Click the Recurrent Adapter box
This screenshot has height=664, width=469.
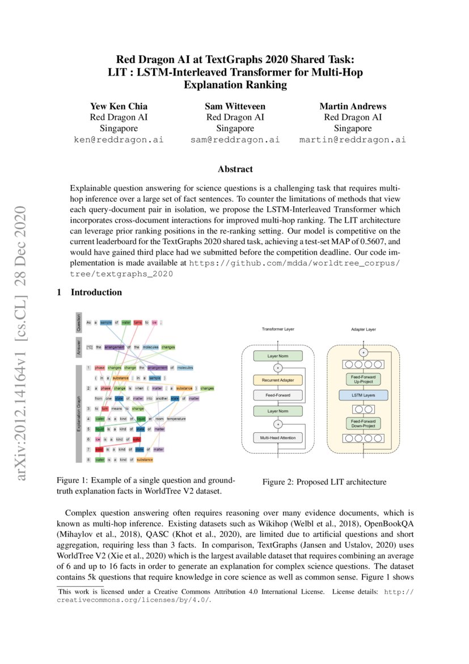pyautogui.click(x=277, y=379)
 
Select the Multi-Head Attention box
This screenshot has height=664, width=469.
pyautogui.click(x=277, y=438)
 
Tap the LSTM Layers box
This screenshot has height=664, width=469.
pyautogui.click(x=364, y=394)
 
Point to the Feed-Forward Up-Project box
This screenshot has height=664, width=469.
pyautogui.click(x=364, y=378)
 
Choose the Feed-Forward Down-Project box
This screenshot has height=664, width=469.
pyautogui.click(x=364, y=423)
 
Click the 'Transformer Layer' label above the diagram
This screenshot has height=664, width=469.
pyautogui.click(x=277, y=329)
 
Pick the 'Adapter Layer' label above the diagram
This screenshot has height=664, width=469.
pyautogui.click(x=364, y=329)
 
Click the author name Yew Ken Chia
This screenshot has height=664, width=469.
pyautogui.click(x=119, y=106)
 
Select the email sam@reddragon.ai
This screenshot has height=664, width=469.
pyautogui.click(x=235, y=139)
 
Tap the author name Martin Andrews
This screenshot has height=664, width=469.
pyautogui.click(x=352, y=106)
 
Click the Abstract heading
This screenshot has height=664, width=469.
pyautogui.click(x=235, y=169)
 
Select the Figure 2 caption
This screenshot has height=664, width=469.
pyautogui.click(x=324, y=482)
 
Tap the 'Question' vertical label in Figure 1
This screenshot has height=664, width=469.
pyautogui.click(x=79, y=322)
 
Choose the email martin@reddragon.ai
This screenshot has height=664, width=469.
pyautogui.click(x=352, y=139)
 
